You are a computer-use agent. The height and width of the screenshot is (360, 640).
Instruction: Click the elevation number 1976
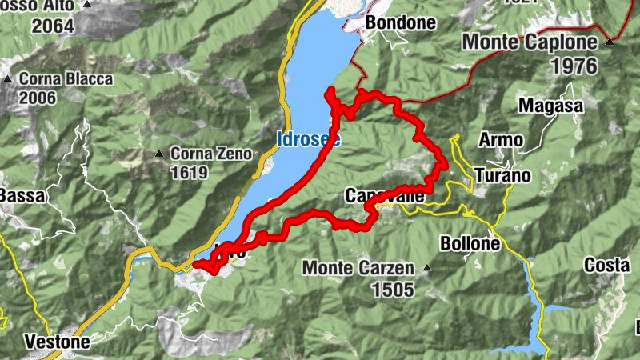point(574,66)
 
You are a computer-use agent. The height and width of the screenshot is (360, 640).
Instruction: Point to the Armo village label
point(501,140)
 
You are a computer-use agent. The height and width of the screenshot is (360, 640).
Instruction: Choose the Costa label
point(606,265)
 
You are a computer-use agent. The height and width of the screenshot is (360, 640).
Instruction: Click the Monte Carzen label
point(358,268)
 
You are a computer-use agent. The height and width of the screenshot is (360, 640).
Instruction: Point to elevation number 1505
point(392,290)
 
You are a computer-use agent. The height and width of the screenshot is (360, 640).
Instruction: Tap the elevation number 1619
point(188,173)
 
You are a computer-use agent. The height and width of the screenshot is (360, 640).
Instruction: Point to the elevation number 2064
point(53,26)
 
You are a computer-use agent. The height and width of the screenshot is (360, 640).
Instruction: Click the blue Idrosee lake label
point(308,139)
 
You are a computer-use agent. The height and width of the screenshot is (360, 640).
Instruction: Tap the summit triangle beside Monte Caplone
point(610,41)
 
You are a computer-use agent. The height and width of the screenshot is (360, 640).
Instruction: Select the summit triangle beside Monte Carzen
point(427,268)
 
